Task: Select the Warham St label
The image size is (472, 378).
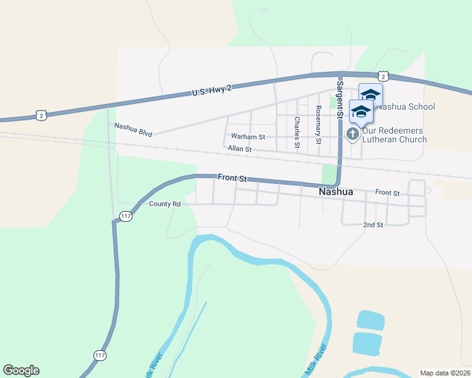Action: (248, 136)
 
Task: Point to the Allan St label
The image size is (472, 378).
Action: (240, 149)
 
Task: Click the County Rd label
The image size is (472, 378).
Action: (165, 204)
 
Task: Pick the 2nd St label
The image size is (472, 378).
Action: (373, 225)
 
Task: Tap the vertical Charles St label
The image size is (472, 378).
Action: (297, 132)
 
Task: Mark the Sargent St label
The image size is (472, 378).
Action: (339, 100)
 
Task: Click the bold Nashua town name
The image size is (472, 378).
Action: (336, 192)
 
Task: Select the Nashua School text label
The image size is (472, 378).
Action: (404, 106)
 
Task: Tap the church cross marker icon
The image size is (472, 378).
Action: (352, 134)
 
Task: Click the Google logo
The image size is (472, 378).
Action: (21, 370)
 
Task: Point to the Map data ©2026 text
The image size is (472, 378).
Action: (445, 372)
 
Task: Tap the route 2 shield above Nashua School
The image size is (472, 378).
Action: (384, 76)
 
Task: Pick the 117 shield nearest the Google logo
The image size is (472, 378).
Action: (100, 356)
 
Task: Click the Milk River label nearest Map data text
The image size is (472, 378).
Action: (317, 360)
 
